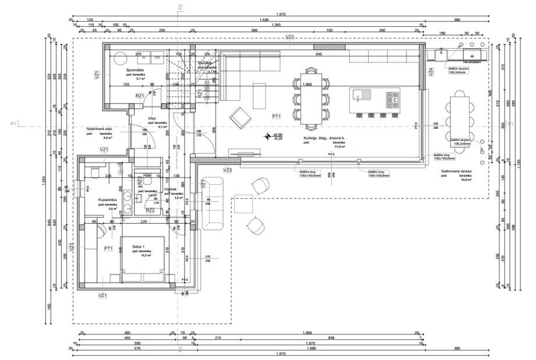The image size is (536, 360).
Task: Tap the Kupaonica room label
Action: tap(108, 199)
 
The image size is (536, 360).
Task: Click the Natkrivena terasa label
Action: tap(456, 171)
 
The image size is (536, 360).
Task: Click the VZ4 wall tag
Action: tap(431, 72)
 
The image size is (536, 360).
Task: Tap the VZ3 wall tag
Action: tap(228, 170)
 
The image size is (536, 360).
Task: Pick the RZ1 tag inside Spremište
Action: tap(140, 96)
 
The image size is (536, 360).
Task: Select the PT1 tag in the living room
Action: tap(276, 117)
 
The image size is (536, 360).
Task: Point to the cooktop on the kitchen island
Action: tap(392, 97)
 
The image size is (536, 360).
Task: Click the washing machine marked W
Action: tap(142, 57)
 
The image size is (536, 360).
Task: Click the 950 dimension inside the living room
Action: tap(319, 54)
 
